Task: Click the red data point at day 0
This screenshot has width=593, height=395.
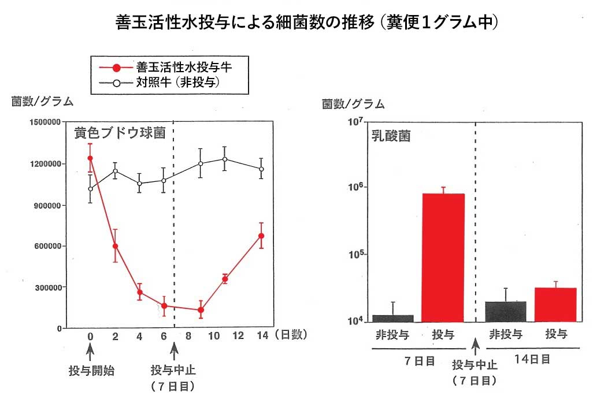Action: [90, 158]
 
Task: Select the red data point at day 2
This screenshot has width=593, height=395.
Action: [116, 246]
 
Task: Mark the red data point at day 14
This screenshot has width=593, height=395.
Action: [261, 236]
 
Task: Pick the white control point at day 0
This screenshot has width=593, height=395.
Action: [90, 188]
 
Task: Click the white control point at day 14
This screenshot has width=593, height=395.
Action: [261, 169]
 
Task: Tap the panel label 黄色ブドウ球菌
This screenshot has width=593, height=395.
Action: [120, 133]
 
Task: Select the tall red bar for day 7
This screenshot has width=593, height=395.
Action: [443, 258]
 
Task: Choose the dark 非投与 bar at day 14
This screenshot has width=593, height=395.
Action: [506, 311]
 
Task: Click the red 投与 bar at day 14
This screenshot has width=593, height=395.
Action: [555, 304]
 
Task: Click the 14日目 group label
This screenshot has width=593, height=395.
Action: [532, 359]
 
